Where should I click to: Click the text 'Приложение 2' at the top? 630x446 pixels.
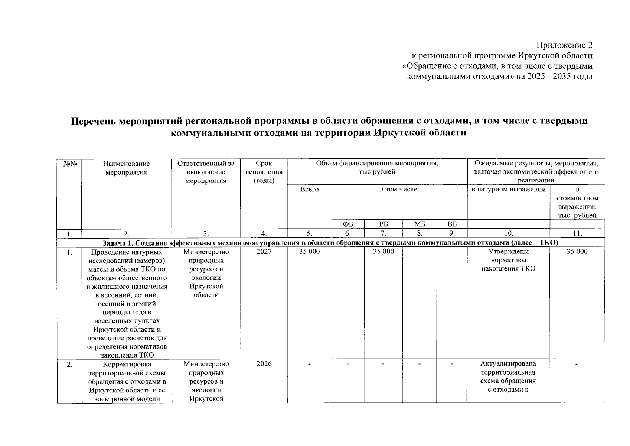pyautogui.click(x=564, y=45)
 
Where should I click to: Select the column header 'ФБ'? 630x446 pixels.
pyautogui.click(x=347, y=224)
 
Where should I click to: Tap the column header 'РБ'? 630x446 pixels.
pyautogui.click(x=383, y=224)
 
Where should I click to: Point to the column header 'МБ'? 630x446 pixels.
pyautogui.click(x=419, y=224)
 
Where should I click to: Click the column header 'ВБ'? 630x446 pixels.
pyautogui.click(x=451, y=224)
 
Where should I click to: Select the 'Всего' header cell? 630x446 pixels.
pyautogui.click(x=309, y=189)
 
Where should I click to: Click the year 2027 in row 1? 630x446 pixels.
pyautogui.click(x=264, y=252)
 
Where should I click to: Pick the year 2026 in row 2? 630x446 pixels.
pyautogui.click(x=264, y=364)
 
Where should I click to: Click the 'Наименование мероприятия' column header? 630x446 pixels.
pyautogui.click(x=126, y=168)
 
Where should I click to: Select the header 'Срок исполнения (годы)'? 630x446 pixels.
pyautogui.click(x=264, y=172)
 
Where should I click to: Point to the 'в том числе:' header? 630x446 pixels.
pyautogui.click(x=399, y=190)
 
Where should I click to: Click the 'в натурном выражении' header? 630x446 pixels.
pyautogui.click(x=508, y=190)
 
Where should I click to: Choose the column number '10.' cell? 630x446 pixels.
pyautogui.click(x=508, y=233)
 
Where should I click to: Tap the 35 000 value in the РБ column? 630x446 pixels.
pyautogui.click(x=383, y=252)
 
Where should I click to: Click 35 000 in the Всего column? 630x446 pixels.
pyautogui.click(x=309, y=252)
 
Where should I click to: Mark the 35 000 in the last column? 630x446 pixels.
pyautogui.click(x=577, y=252)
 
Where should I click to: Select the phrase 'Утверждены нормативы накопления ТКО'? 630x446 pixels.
pyautogui.click(x=508, y=260)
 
